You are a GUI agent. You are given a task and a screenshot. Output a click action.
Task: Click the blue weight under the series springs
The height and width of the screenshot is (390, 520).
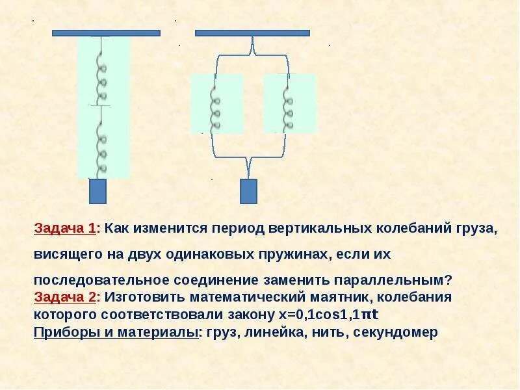click(97, 191)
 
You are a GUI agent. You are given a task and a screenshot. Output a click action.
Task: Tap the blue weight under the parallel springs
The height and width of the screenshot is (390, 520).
click(248, 191)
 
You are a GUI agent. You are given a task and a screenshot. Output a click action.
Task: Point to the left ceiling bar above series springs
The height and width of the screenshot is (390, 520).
click(106, 32)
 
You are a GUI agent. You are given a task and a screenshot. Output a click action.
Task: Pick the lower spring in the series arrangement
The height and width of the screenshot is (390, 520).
click(102, 144)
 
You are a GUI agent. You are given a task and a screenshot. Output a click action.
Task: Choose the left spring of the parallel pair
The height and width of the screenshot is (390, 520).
click(216, 104)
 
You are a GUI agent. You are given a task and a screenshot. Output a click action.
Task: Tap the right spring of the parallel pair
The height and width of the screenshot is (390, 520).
click(289, 104)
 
